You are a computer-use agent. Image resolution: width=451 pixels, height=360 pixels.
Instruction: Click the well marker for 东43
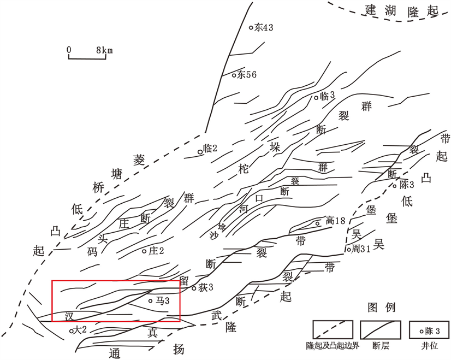(x=251, y=28)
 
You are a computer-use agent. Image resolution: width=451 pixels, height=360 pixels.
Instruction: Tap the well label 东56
(x=246, y=75)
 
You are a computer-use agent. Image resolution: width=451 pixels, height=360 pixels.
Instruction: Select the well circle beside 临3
(x=316, y=98)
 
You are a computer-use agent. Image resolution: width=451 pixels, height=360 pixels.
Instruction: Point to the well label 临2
(x=210, y=149)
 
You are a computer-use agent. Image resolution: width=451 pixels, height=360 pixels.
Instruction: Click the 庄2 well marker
(x=144, y=251)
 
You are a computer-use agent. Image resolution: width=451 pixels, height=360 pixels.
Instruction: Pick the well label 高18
(x=335, y=221)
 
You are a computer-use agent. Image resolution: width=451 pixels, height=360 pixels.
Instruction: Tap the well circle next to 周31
(x=349, y=249)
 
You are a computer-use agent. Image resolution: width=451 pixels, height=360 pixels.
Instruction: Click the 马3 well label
(x=163, y=301)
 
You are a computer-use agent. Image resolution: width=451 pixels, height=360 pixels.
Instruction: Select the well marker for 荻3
(x=194, y=287)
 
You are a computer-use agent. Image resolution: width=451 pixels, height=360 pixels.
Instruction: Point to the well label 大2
(x=79, y=330)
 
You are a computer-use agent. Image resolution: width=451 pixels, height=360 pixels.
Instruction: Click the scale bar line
(x=87, y=58)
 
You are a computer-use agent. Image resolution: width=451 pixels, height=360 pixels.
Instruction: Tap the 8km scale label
(x=105, y=50)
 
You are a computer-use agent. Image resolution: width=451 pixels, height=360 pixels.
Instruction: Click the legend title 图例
(x=382, y=308)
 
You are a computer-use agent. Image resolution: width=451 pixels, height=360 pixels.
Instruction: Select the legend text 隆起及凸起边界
(x=333, y=346)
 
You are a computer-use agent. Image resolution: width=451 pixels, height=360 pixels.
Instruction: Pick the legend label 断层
(x=381, y=346)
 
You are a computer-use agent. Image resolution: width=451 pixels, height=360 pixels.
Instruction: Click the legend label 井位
(x=429, y=346)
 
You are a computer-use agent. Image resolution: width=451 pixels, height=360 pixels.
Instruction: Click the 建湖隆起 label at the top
(x=401, y=11)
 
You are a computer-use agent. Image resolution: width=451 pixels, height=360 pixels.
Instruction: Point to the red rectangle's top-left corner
(x=52, y=281)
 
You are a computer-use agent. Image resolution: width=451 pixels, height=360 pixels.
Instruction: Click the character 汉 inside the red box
(x=69, y=316)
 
